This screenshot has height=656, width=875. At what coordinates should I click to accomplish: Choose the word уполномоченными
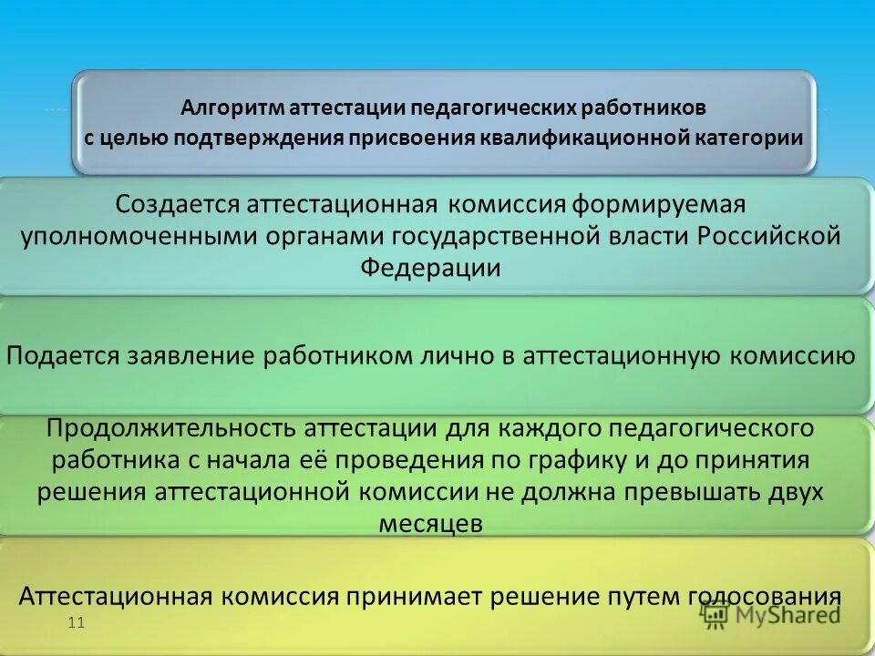[x=140, y=235]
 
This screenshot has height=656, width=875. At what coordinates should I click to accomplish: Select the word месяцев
[x=429, y=524]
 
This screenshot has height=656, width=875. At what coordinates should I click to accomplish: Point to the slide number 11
[x=76, y=623]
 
